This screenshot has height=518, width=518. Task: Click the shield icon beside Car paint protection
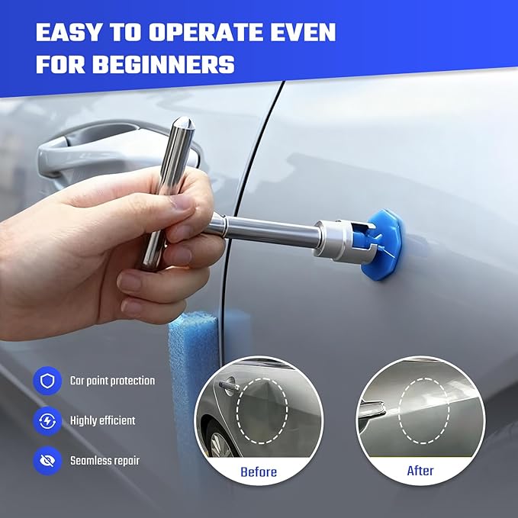[47, 380]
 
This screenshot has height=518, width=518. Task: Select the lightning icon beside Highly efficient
[47, 420]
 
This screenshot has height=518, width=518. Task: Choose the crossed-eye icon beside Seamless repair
[47, 461]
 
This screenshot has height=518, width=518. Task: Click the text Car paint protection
[112, 380]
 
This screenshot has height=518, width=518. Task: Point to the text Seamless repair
[105, 461]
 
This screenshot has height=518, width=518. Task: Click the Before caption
[259, 471]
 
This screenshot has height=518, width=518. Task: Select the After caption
[420, 471]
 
